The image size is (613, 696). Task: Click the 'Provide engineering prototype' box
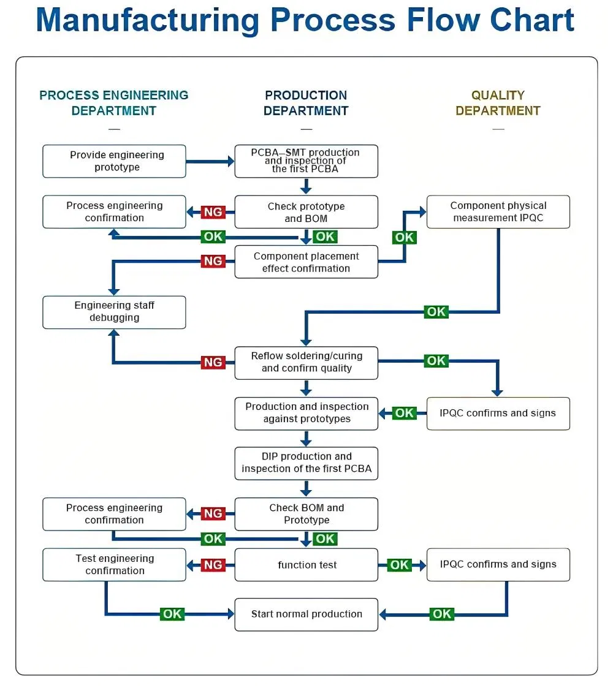(x=114, y=161)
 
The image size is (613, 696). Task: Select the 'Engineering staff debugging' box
(x=114, y=312)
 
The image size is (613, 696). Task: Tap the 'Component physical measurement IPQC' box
(x=498, y=212)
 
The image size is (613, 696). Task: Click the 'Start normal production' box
(x=306, y=615)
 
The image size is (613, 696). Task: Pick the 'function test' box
(x=306, y=565)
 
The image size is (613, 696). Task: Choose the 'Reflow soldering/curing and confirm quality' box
(x=306, y=363)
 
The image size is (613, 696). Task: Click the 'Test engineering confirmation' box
(x=114, y=565)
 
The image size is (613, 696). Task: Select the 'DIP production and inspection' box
(x=306, y=463)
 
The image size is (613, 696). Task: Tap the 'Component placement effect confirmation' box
(x=306, y=262)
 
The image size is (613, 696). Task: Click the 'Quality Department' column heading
(x=498, y=103)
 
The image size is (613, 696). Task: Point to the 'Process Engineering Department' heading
(x=114, y=103)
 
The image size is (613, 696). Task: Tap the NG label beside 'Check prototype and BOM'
(x=213, y=212)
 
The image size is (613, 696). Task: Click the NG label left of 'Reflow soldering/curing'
(x=213, y=362)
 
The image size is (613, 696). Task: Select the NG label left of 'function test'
(x=213, y=565)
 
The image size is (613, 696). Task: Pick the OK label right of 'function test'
(x=399, y=565)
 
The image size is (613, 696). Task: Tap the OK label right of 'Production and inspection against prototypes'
(x=404, y=413)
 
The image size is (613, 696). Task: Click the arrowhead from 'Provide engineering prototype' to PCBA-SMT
(x=231, y=161)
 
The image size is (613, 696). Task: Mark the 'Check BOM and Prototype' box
(x=306, y=514)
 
